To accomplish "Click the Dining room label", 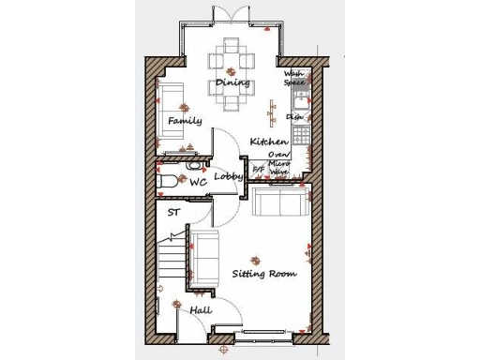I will pyautogui.click(x=232, y=82).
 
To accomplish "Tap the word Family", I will pyautogui.click(x=185, y=122).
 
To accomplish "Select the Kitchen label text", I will pyautogui.click(x=268, y=142).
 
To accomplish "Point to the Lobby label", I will pyautogui.click(x=229, y=176).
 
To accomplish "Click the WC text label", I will pyautogui.click(x=198, y=183).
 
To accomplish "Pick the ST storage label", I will pyautogui.click(x=173, y=213).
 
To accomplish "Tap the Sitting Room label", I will pyautogui.click(x=264, y=274).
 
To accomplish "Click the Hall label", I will pyautogui.click(x=201, y=310).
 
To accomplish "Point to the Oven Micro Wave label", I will pyautogui.click(x=279, y=163).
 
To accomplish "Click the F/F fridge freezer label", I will pyautogui.click(x=260, y=169).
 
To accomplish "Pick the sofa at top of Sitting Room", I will pyautogui.click(x=278, y=202).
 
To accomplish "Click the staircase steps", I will pyautogui.click(x=171, y=253).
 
